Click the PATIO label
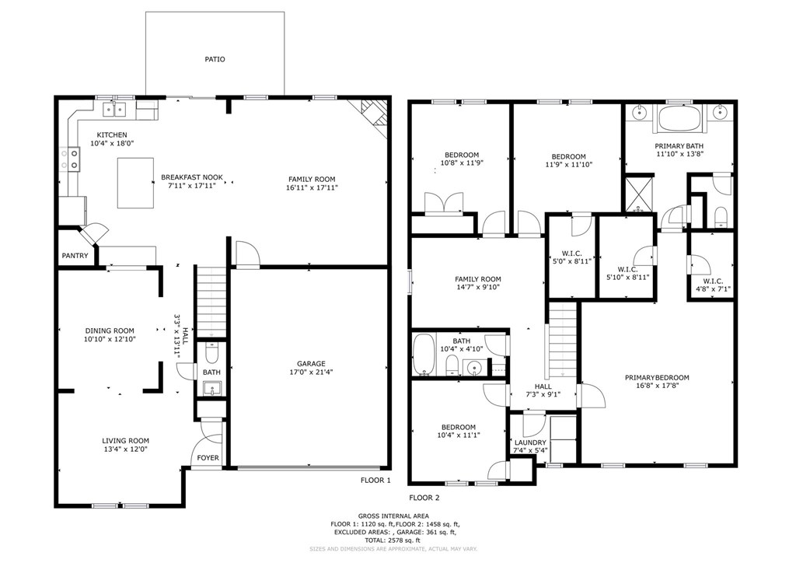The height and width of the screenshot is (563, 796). point(215,59)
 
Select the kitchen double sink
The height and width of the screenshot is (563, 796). point(118,109)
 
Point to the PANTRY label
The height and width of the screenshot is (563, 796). point(75,256)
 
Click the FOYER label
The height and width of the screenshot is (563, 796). point(208,458)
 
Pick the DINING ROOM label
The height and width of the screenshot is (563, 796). point(110,330)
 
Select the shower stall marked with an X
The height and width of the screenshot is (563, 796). point(641,192)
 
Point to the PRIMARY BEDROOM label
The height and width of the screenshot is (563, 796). point(657,378)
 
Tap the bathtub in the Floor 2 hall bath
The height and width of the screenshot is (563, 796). point(424,355)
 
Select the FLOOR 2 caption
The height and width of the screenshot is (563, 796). point(424,498)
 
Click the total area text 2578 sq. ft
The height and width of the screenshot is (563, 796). point(396,540)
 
